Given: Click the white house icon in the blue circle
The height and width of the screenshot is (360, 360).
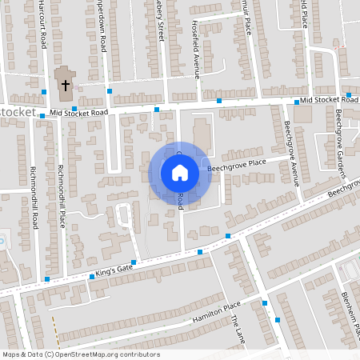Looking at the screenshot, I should coord(179,173).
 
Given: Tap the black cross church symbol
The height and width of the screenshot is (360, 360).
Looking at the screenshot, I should coord(64,83).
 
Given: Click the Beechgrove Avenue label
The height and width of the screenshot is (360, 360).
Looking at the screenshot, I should coord(292,152).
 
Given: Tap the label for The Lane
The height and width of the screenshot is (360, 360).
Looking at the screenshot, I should coord(238,328).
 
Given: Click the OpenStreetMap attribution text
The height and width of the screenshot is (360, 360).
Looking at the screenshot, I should coord(81,354).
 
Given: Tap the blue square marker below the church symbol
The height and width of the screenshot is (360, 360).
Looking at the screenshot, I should coord(74,108).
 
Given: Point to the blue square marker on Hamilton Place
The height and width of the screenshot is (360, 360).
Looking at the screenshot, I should coord(264,302).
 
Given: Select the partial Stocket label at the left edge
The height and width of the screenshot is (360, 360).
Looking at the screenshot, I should coord(18,112).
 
